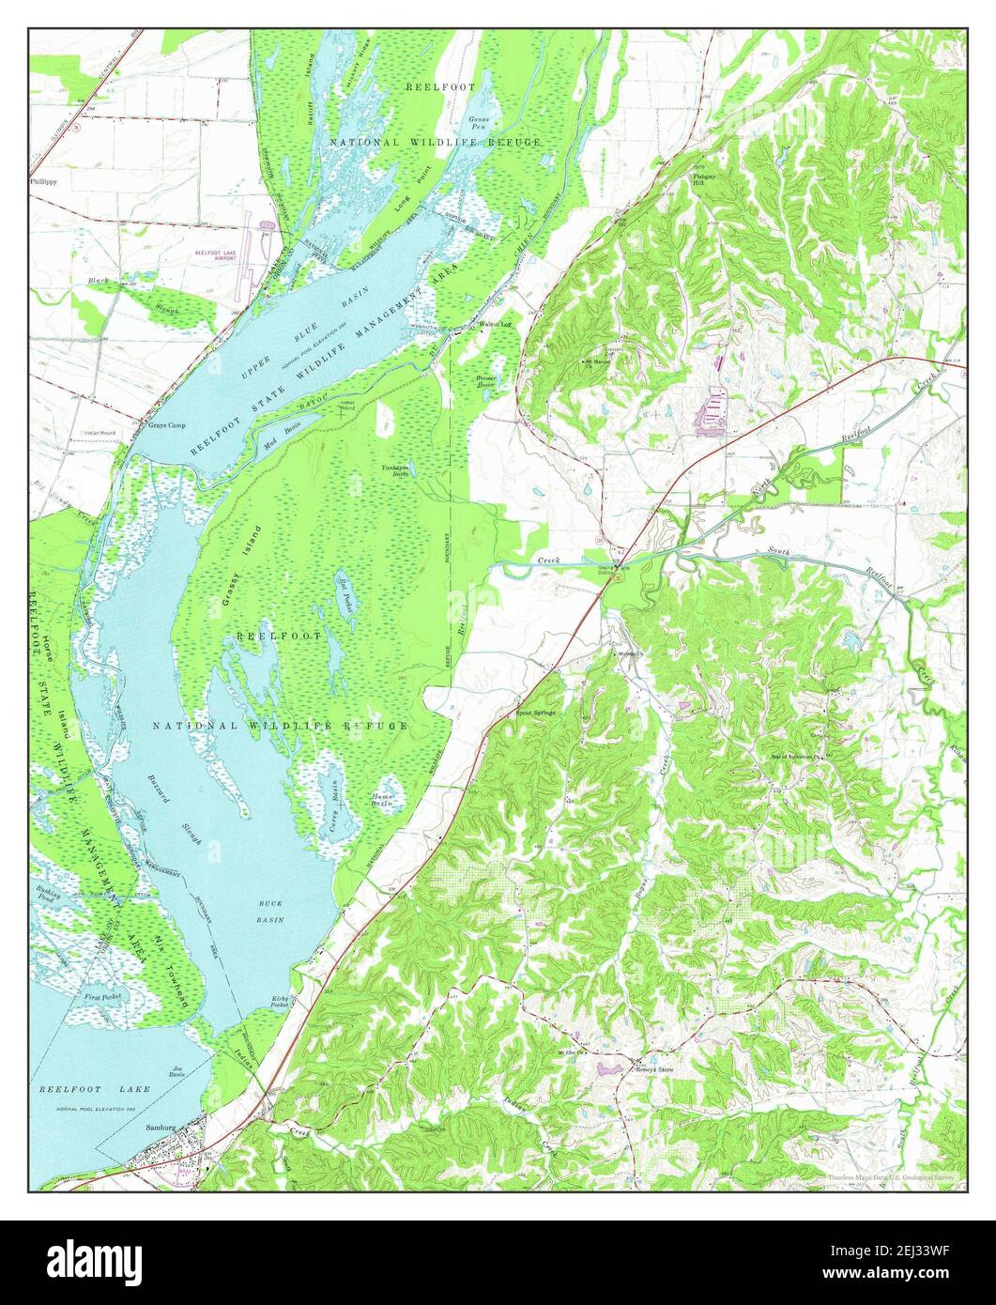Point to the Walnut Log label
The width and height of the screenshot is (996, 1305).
tap(495, 325)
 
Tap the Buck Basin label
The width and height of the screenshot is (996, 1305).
tap(271, 912)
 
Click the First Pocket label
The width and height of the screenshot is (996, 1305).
tap(103, 996)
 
